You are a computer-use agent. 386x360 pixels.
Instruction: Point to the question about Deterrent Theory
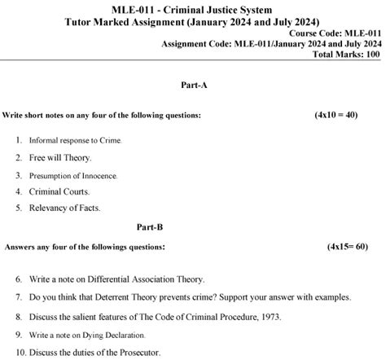(171, 296)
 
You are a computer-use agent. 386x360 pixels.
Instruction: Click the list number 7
(19, 296)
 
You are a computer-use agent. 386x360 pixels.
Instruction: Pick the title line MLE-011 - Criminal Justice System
(191, 8)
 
